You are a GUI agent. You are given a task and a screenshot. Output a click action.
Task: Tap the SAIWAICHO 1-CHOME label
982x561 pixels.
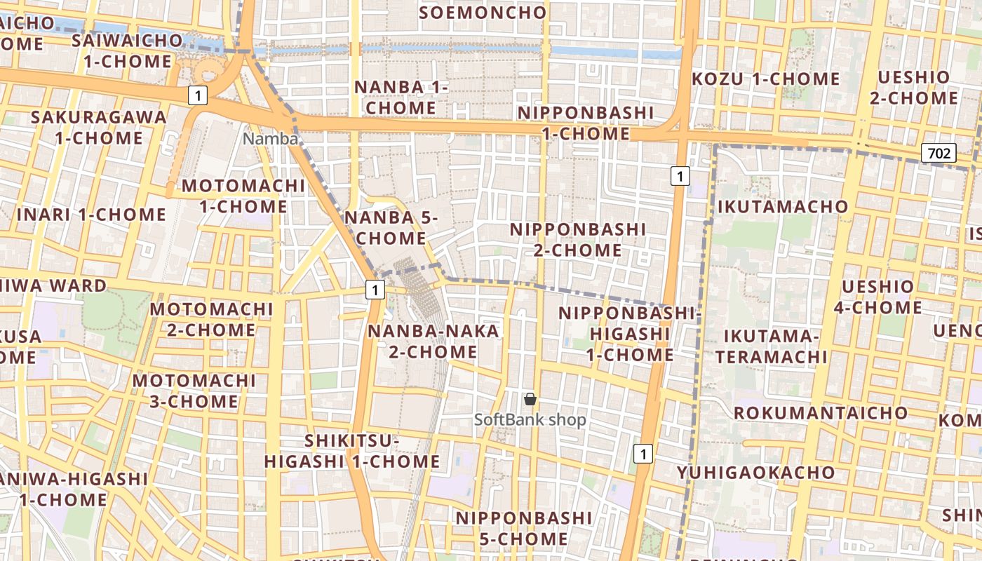pyautogui.click(x=128, y=50)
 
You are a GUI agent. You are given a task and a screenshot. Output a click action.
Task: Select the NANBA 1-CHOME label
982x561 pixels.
pyautogui.click(x=401, y=97)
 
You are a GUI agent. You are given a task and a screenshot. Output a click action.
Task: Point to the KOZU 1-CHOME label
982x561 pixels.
pyautogui.click(x=765, y=79)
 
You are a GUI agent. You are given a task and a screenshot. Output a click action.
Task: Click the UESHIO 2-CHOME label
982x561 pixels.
pyautogui.click(x=913, y=87)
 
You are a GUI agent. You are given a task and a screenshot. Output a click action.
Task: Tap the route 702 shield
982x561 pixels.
pyautogui.click(x=939, y=152)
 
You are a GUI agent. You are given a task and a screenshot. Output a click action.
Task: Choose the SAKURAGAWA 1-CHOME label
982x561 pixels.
pyautogui.click(x=99, y=127)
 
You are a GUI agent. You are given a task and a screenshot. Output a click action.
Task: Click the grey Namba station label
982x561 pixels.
pyautogui.click(x=270, y=139)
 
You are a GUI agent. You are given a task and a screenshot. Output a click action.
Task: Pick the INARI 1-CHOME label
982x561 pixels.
pyautogui.click(x=91, y=214)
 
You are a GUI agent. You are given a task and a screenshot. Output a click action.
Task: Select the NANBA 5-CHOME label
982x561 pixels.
pyautogui.click(x=391, y=228)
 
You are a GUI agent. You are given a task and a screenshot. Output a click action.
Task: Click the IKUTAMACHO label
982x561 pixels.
pyautogui.click(x=782, y=206)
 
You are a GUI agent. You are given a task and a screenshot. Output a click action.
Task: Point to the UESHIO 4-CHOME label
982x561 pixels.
pyautogui.click(x=878, y=297)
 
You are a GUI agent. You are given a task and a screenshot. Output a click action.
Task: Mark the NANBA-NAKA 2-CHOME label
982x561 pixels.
pyautogui.click(x=433, y=341)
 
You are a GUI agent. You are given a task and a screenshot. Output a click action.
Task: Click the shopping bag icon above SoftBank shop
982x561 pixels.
pyautogui.click(x=530, y=399)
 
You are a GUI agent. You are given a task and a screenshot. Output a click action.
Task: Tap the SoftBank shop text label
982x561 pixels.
pyautogui.click(x=530, y=420)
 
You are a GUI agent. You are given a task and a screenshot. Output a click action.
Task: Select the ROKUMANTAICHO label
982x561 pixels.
pyautogui.click(x=821, y=412)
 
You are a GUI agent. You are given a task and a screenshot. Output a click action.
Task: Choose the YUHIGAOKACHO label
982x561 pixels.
pyautogui.click(x=756, y=472)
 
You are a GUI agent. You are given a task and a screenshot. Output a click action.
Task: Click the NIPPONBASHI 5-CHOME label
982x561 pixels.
pyautogui.click(x=524, y=528)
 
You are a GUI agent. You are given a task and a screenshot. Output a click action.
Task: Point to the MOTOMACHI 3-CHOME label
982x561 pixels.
pyautogui.click(x=194, y=391)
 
